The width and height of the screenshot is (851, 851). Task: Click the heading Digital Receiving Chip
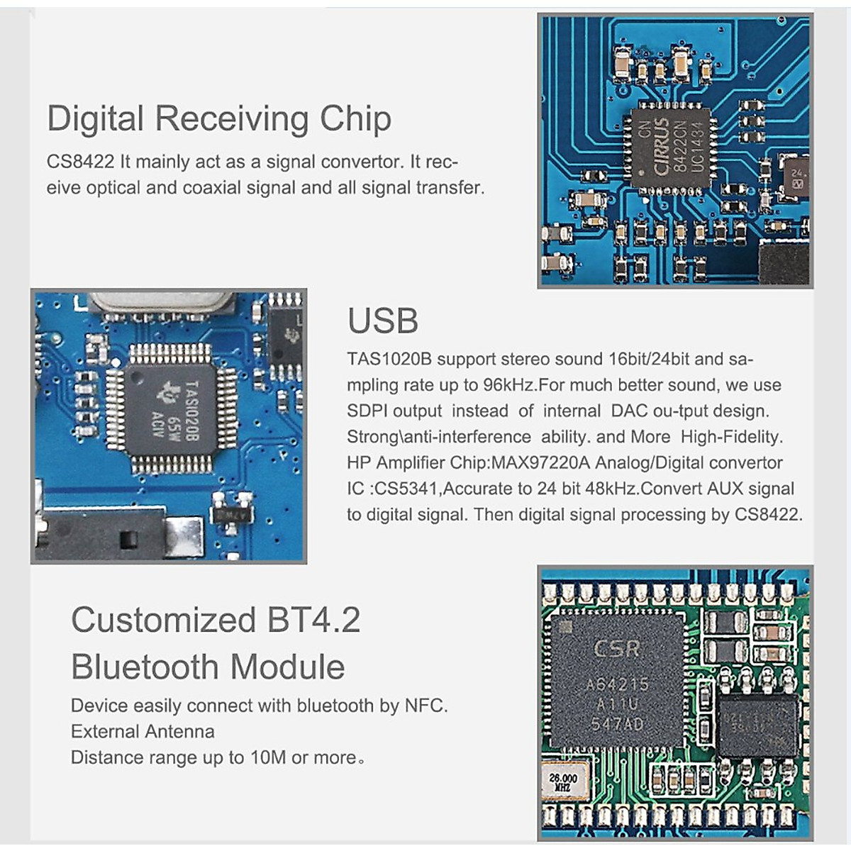click(x=218, y=118)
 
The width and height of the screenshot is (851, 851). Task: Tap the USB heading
click(x=382, y=321)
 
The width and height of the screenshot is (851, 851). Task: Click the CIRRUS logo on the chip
click(x=661, y=147)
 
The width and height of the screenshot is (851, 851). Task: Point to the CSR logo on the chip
click(x=616, y=648)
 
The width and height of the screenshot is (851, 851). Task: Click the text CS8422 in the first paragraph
click(x=80, y=162)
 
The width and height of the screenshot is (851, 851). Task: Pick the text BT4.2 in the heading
click(x=313, y=620)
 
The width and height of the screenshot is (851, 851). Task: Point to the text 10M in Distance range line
click(x=267, y=757)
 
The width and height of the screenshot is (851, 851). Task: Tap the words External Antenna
click(x=143, y=731)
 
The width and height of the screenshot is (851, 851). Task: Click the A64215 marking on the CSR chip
click(x=617, y=684)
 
